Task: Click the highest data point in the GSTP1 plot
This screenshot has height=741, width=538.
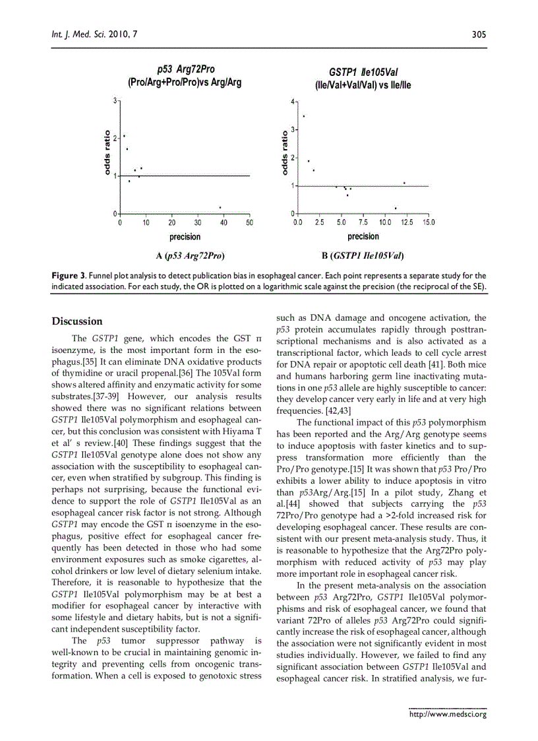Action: [x=303, y=116]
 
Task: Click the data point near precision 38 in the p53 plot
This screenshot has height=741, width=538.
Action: [x=220, y=207]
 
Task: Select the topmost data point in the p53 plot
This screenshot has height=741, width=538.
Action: [x=124, y=136]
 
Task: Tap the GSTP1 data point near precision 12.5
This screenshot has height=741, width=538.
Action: [x=404, y=183]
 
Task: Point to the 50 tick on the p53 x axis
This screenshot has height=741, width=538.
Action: [x=249, y=223]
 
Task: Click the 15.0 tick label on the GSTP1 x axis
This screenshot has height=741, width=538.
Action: [x=429, y=223]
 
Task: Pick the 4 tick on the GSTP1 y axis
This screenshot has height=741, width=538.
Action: [x=293, y=102]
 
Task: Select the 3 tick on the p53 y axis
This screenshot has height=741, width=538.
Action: [x=115, y=101]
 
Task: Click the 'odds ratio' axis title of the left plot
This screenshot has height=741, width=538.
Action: [x=107, y=153]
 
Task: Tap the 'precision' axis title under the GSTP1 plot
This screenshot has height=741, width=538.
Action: [x=363, y=236]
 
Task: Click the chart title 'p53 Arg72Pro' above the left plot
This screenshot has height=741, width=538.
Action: [x=185, y=69]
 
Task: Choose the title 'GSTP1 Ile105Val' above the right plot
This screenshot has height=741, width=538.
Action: [x=363, y=72]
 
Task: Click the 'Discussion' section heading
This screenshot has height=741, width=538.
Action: [x=77, y=321]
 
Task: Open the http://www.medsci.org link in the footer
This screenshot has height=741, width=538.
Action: [x=448, y=714]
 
